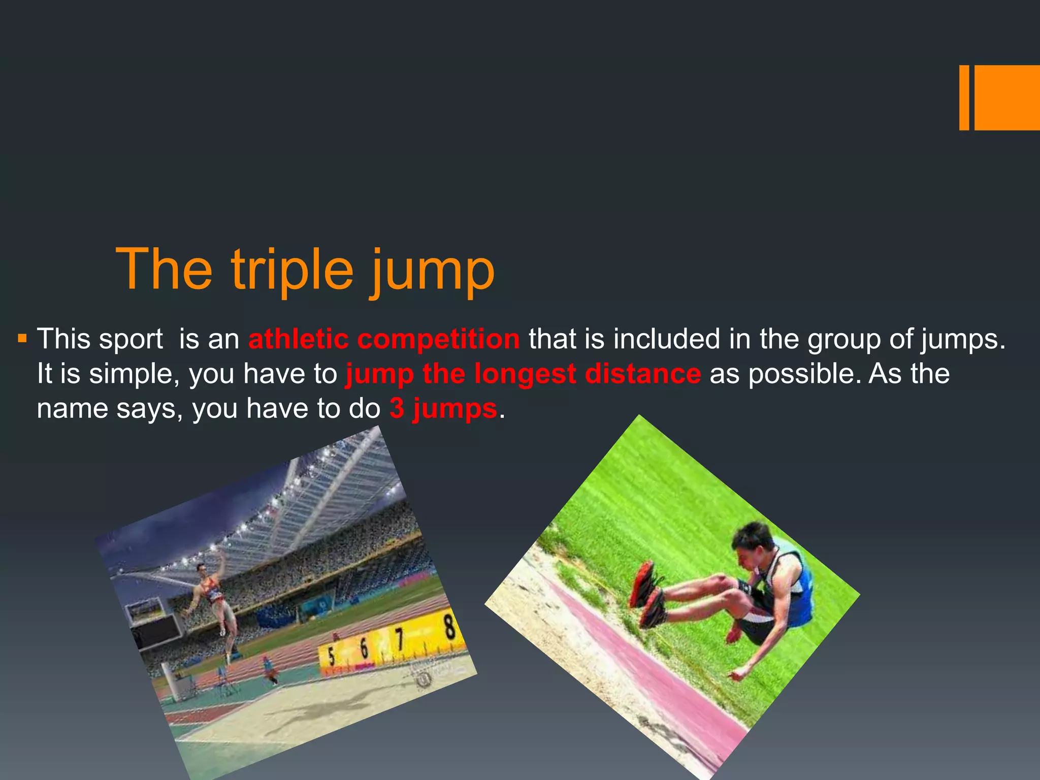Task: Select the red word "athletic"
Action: (x=299, y=339)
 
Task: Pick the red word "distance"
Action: (x=643, y=374)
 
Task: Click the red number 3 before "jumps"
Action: (x=397, y=408)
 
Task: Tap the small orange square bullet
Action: (x=22, y=337)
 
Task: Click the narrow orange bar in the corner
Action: (x=964, y=97)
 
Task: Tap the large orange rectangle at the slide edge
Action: (x=1007, y=97)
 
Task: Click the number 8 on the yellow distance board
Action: (x=449, y=628)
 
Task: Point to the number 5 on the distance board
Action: (x=331, y=655)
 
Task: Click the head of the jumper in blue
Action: (x=753, y=542)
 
